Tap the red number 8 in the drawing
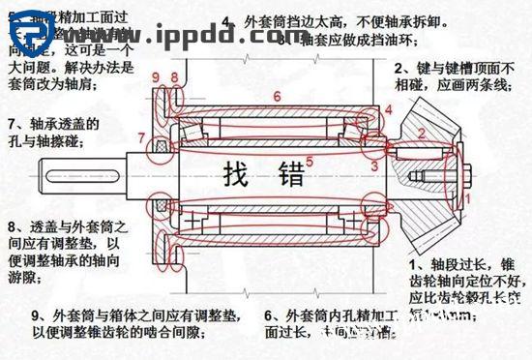(174, 76)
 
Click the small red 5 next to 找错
(310, 161)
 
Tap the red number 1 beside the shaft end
(464, 196)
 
